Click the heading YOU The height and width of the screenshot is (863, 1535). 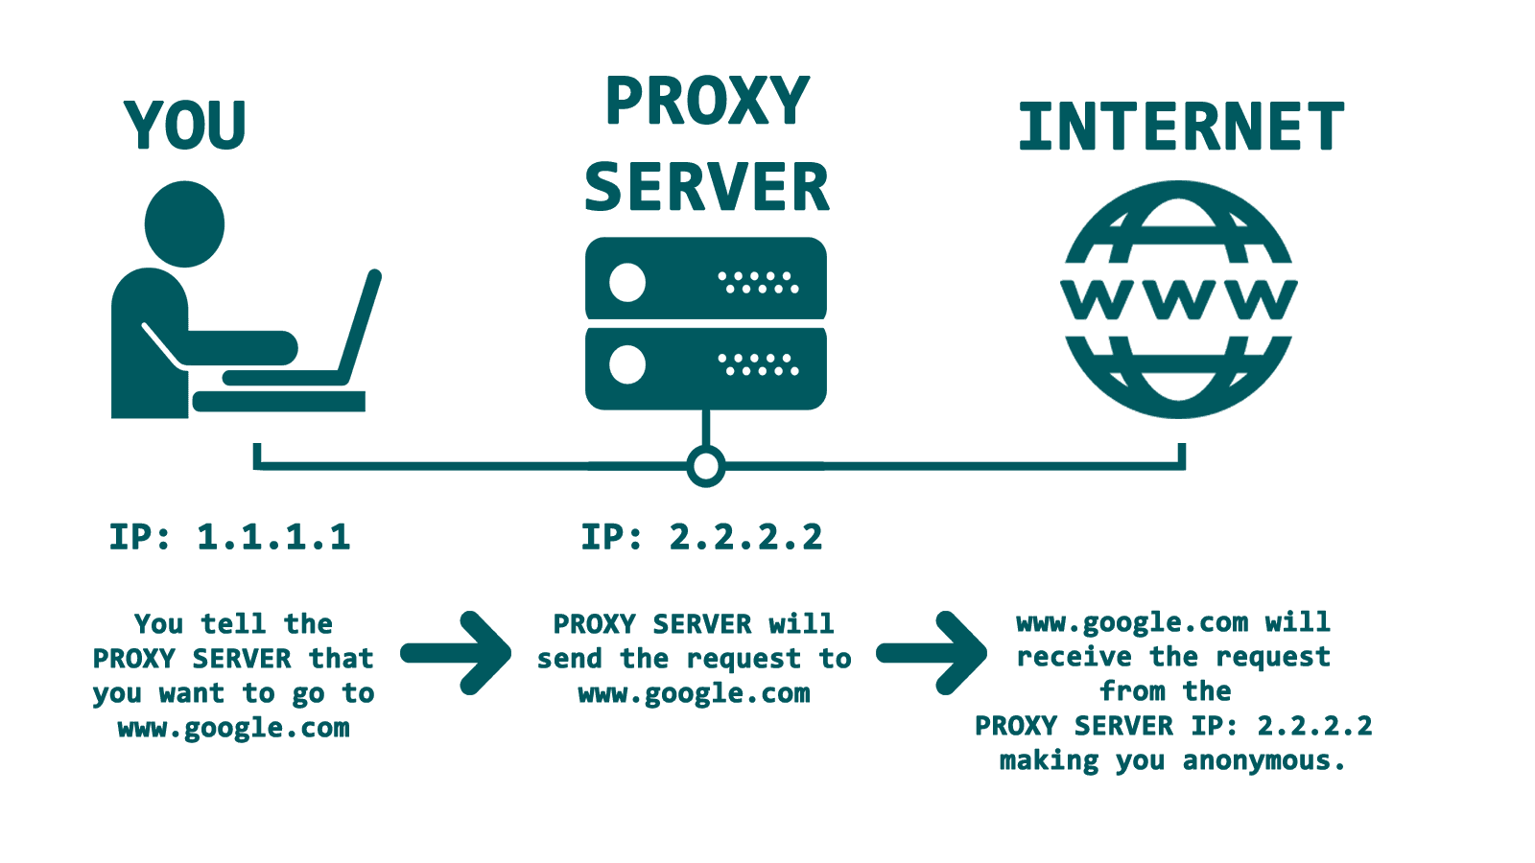pos(185,126)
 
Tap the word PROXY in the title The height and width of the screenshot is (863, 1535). pos(707,102)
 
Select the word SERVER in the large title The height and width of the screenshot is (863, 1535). pos(707,188)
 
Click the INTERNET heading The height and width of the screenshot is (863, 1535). pos(1181,128)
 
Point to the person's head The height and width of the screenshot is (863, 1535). pos(184,224)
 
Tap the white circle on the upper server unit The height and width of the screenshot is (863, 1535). pos(627,282)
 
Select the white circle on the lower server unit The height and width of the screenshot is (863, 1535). pos(627,364)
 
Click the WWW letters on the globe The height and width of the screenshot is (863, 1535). pos(1179,299)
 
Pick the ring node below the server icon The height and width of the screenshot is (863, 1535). pos(706,467)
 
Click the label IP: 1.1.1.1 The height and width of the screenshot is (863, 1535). pos(230,537)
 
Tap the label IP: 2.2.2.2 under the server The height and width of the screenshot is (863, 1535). pos(702,537)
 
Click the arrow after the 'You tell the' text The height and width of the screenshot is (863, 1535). pos(458,653)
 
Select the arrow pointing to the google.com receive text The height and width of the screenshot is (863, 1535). pos(933,653)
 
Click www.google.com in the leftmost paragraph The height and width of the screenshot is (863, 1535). pos(233,729)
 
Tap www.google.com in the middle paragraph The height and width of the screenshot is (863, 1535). pos(694,693)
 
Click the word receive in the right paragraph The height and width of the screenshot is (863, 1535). pos(1074,658)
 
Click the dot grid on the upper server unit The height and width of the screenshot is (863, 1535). pos(758,282)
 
